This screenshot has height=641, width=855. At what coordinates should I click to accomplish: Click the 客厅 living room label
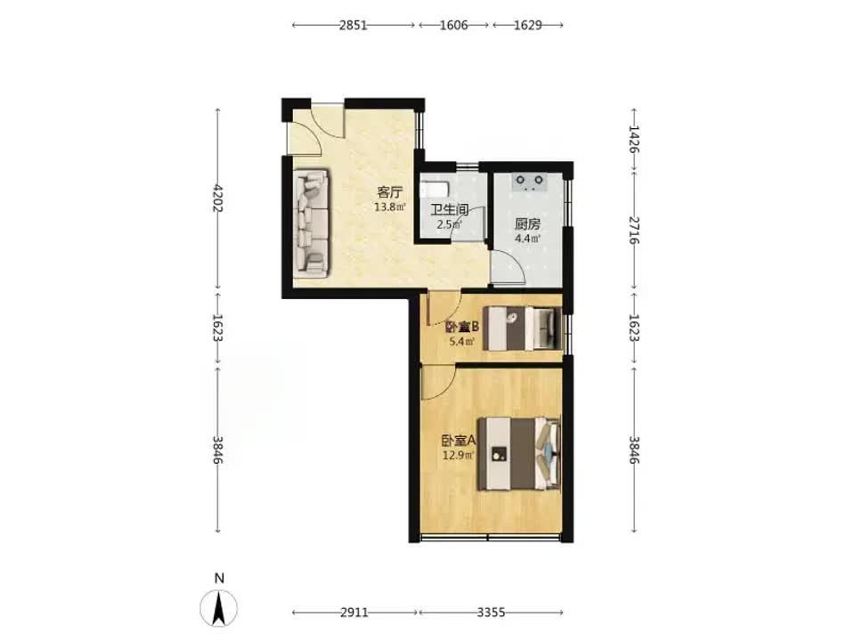pyautogui.click(x=390, y=192)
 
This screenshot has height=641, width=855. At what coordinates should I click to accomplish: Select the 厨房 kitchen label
pyautogui.click(x=527, y=224)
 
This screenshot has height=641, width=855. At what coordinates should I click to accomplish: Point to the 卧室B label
pyautogui.click(x=462, y=327)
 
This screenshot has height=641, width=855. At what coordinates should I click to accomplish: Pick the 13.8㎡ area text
pyautogui.click(x=390, y=207)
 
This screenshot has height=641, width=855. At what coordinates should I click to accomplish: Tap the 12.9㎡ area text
pyautogui.click(x=459, y=455)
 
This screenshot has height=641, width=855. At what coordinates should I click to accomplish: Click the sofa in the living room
pyautogui.click(x=312, y=222)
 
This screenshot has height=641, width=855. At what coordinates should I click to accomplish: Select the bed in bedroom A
pyautogui.click(x=519, y=453)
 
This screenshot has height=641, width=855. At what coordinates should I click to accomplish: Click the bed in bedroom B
pyautogui.click(x=524, y=329)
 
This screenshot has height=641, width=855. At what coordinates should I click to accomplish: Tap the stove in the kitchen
pyautogui.click(x=529, y=182)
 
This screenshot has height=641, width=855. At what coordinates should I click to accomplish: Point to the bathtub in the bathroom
pyautogui.click(x=435, y=189)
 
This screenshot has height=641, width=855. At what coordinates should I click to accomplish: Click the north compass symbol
pyautogui.click(x=219, y=607)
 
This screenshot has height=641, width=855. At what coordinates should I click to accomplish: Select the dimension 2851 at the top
pyautogui.click(x=354, y=25)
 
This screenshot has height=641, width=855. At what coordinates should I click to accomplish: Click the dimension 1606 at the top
pyautogui.click(x=453, y=25)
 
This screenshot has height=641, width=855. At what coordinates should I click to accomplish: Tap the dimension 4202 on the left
pyautogui.click(x=218, y=199)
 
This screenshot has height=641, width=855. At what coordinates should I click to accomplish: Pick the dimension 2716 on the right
pyautogui.click(x=633, y=230)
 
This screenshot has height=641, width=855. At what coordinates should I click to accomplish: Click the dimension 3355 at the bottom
pyautogui.click(x=491, y=613)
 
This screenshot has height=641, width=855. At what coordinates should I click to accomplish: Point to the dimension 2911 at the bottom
pyautogui.click(x=354, y=613)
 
